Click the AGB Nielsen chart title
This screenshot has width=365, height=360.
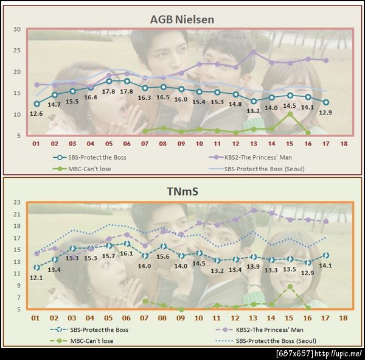coord(182,19)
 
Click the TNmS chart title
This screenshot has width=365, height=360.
coord(182,191)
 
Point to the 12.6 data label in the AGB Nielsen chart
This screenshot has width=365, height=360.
coord(36,113)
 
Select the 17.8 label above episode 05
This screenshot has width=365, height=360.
coord(109,91)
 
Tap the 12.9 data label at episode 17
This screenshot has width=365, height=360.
coord(326,113)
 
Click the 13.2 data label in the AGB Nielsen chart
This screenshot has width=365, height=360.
coord(254,111)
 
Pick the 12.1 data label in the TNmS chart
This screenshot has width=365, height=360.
coord(36,278)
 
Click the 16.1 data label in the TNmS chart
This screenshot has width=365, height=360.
coord(127,253)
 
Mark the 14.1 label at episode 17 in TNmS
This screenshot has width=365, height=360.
coord(326,266)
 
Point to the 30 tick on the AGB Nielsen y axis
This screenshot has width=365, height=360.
coord(18,29)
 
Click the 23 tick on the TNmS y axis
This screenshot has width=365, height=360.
coord(18,202)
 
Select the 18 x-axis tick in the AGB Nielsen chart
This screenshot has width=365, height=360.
coord(344,144)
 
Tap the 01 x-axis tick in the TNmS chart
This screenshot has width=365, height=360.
coord(36,318)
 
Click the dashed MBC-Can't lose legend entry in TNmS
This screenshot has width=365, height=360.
coord(85,341)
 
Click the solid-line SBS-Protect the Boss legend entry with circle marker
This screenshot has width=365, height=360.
coord(85,156)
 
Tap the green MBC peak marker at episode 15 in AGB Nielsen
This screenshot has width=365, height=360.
coord(290,114)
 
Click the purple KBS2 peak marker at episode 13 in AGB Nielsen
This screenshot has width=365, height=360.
coord(254,52)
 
